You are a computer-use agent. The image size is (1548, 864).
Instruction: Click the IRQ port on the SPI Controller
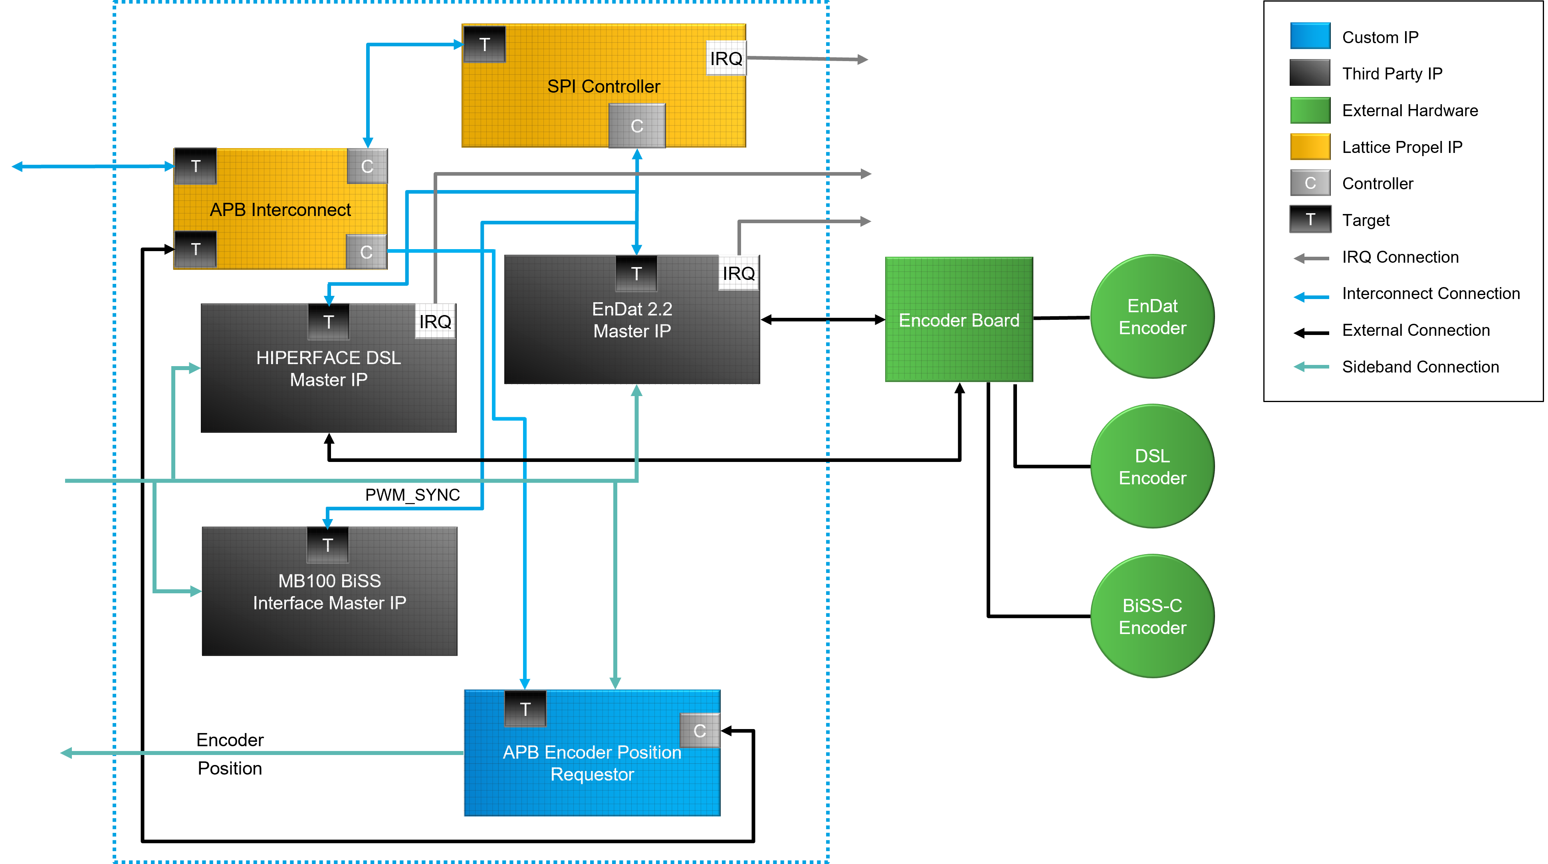[726, 58]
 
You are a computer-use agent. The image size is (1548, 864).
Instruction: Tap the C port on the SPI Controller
[637, 126]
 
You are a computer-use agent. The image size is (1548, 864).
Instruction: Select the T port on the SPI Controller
[484, 44]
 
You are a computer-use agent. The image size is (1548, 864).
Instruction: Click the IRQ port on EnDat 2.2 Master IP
[739, 273]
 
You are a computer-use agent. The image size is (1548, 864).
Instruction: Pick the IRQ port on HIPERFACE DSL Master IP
[435, 321]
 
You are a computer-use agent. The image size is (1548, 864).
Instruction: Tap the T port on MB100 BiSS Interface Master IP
[327, 545]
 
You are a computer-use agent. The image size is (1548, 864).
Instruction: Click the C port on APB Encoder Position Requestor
[700, 731]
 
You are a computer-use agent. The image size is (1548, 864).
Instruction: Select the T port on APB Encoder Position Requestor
[525, 709]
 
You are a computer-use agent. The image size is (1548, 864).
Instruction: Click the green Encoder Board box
[959, 320]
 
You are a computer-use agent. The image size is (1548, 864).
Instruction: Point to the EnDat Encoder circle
[1152, 317]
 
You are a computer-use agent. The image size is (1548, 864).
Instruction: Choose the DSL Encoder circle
[1152, 466]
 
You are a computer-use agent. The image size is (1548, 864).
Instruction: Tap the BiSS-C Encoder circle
[1152, 616]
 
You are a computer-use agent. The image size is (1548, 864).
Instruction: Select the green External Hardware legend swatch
[1310, 110]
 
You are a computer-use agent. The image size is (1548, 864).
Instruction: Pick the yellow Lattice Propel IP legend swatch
[1310, 147]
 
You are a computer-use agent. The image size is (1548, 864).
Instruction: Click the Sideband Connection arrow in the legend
[1311, 367]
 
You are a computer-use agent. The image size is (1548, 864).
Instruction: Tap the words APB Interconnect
[280, 210]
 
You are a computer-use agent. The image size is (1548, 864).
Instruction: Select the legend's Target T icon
[1310, 219]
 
